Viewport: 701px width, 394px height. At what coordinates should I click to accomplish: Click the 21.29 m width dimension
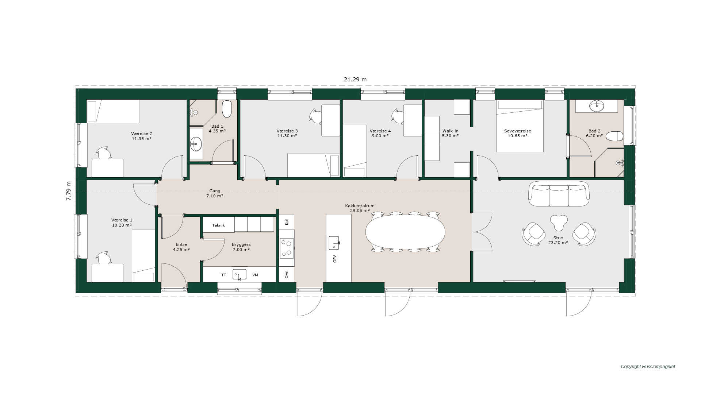pos(355,79)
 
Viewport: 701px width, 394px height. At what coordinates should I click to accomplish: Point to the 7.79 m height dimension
pos(69,191)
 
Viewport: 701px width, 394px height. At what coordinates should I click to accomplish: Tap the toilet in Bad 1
pos(227,109)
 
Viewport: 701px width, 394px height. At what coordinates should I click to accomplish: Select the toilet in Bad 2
pos(614,136)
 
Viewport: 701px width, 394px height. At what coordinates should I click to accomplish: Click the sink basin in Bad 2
pos(597,106)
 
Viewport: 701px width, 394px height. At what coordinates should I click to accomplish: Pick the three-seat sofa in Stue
pos(559,194)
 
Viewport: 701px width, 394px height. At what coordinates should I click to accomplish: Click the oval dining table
pos(405,232)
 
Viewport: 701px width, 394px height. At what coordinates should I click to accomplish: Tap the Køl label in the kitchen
pos(287,222)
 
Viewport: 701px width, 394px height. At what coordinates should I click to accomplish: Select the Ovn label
pos(287,274)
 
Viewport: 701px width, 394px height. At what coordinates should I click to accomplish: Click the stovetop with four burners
pos(287,248)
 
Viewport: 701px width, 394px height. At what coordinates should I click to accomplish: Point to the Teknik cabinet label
pos(218,225)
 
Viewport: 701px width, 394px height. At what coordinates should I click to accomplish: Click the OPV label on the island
pos(335,259)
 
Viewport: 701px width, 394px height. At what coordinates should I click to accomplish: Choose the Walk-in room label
pos(450,131)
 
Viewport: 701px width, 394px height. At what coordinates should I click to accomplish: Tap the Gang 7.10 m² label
pos(215,193)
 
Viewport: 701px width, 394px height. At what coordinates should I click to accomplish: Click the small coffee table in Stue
pos(559,222)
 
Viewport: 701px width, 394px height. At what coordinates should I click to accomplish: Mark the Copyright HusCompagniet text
pos(648,367)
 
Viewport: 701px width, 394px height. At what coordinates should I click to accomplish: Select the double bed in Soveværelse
pos(520,126)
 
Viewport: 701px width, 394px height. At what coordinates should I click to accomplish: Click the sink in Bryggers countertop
pos(240,274)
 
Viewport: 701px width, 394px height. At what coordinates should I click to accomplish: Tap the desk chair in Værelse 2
pos(104,153)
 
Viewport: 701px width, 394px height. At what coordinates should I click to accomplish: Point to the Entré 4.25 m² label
pos(181,247)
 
